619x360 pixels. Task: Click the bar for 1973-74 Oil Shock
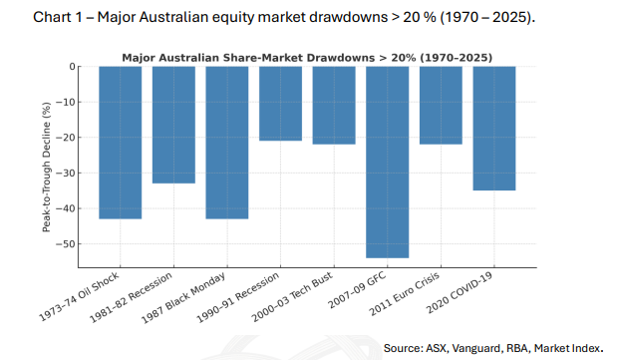(x=121, y=142)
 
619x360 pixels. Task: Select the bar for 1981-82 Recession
(x=173, y=125)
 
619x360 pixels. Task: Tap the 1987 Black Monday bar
(x=227, y=142)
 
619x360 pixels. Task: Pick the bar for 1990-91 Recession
(x=281, y=103)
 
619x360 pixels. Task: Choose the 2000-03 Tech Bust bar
(x=334, y=105)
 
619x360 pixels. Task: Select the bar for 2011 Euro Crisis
(x=441, y=105)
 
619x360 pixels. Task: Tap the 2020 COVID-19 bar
(x=494, y=128)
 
